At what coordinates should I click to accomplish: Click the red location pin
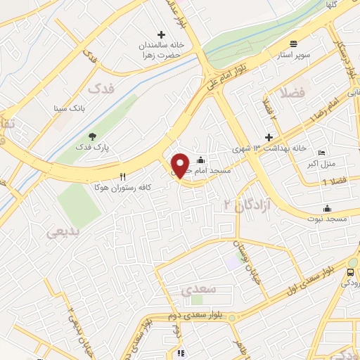[180, 165]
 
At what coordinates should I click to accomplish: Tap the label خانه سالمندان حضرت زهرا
[160, 49]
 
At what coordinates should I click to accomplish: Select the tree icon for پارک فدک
[91, 136]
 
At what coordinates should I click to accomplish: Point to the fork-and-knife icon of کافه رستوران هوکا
[124, 176]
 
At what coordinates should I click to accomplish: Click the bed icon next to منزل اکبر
[321, 153]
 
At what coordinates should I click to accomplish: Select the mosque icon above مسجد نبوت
[327, 208]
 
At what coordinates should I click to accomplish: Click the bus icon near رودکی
[351, 271]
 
